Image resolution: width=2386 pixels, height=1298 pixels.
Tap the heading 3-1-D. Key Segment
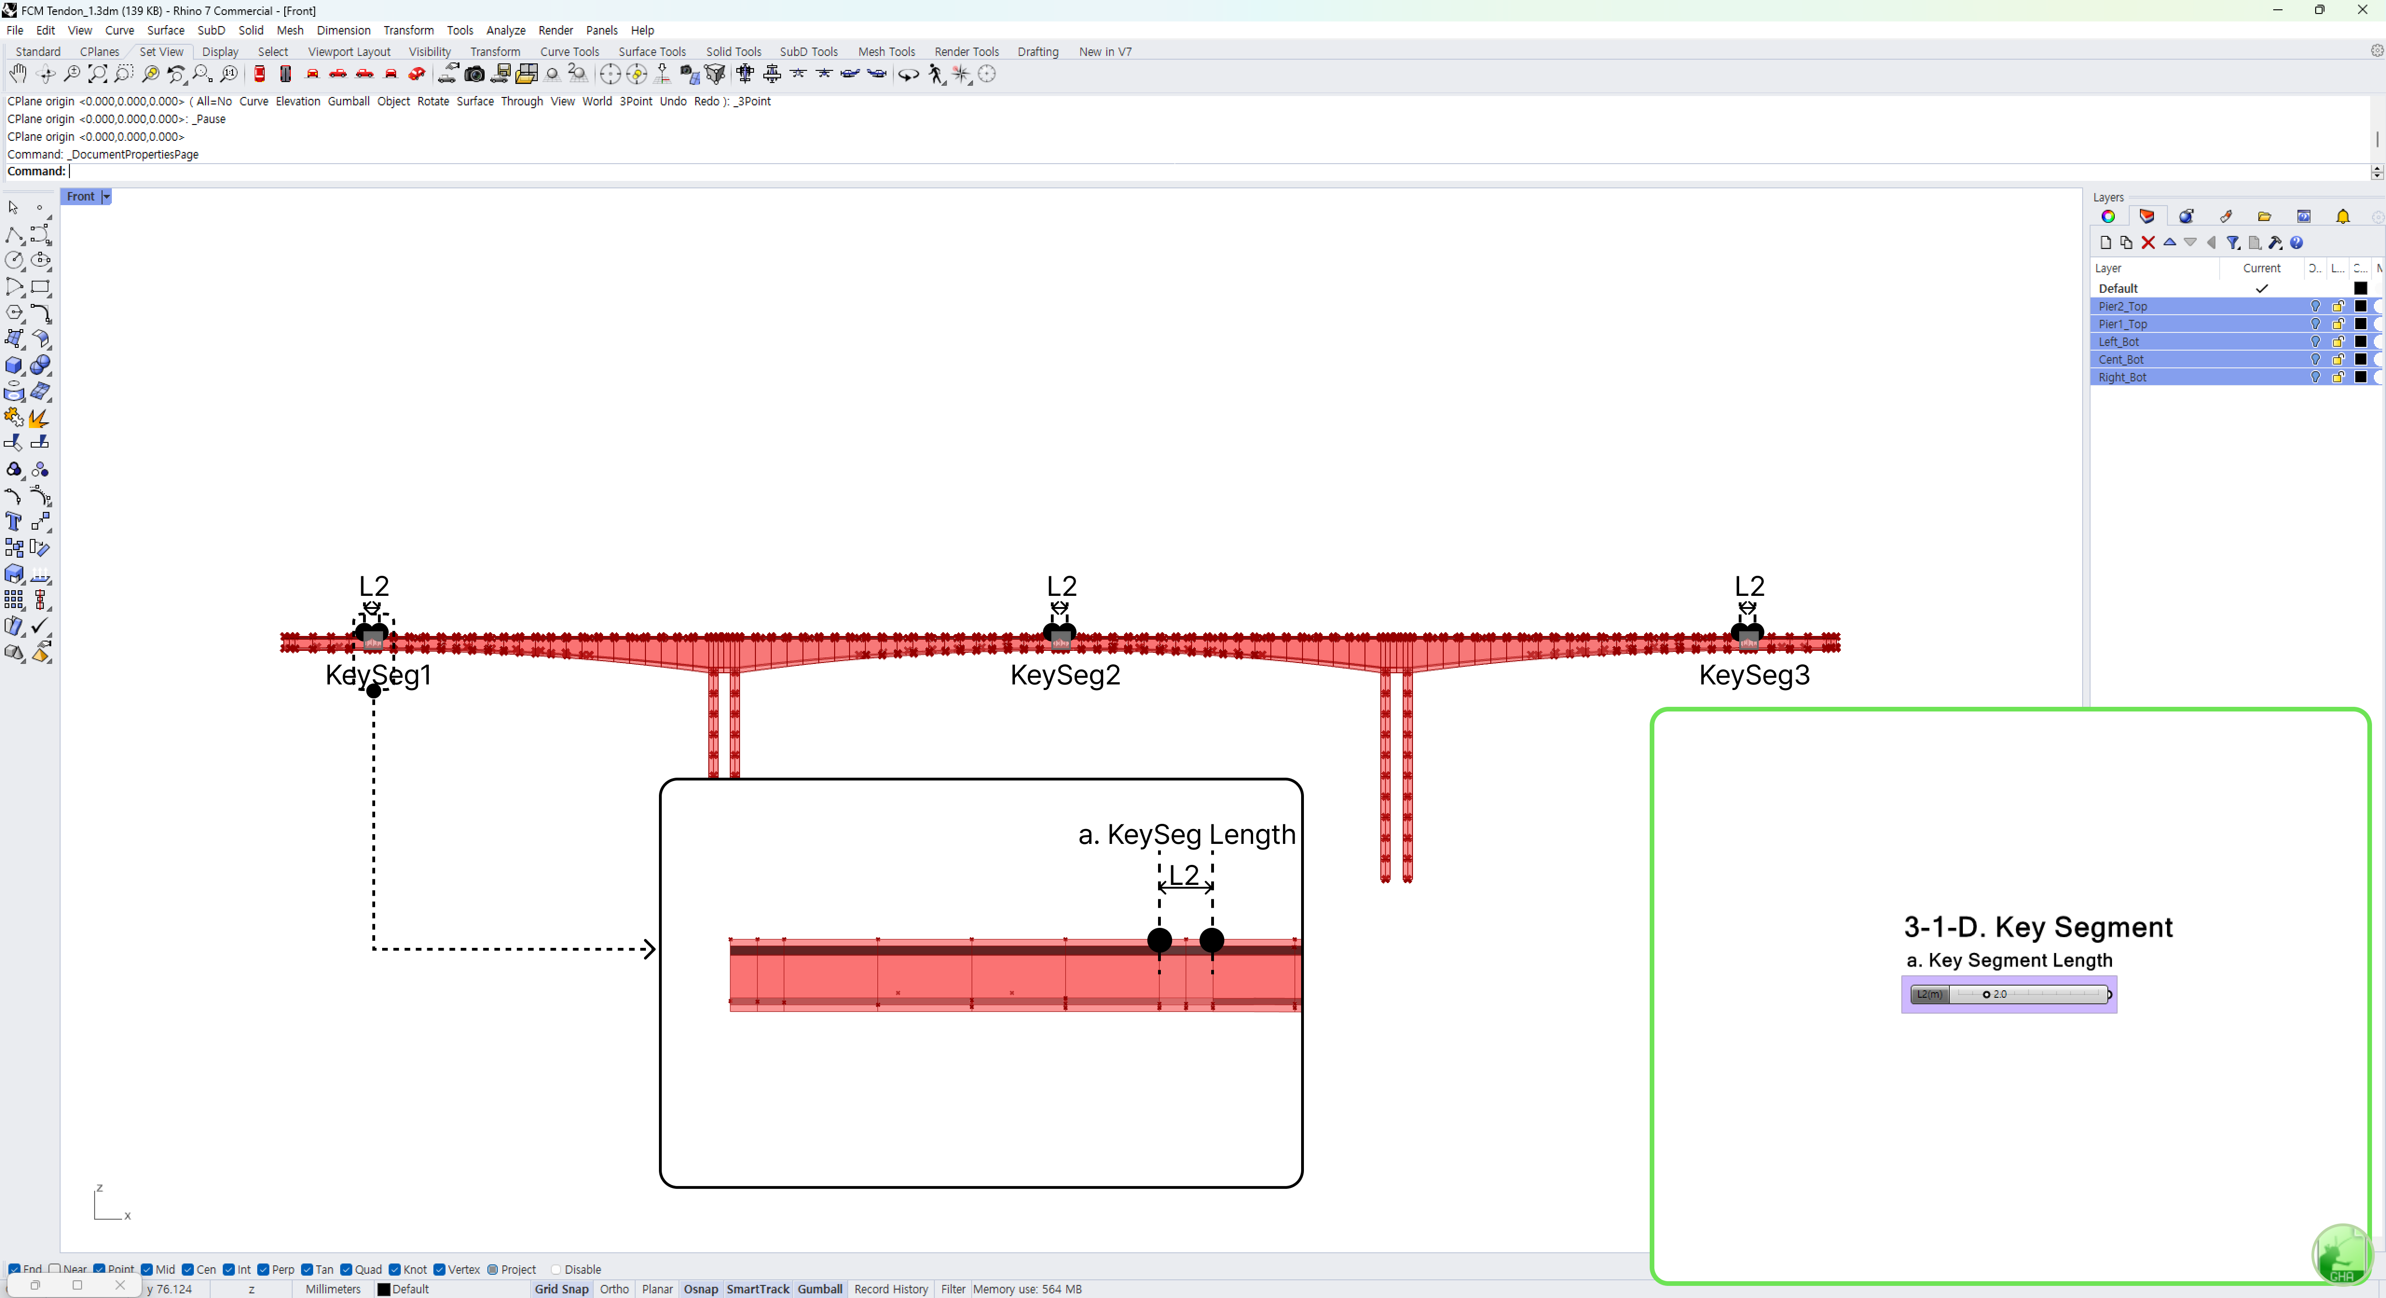pos(2038,927)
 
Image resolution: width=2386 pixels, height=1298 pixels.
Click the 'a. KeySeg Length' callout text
pos(1186,835)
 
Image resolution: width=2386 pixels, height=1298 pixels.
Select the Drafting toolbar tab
pos(1037,52)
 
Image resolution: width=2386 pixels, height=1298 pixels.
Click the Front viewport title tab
pos(81,196)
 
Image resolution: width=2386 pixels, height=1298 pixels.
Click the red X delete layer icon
pos(2148,243)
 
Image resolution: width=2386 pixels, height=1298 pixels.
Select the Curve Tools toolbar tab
pos(569,52)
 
